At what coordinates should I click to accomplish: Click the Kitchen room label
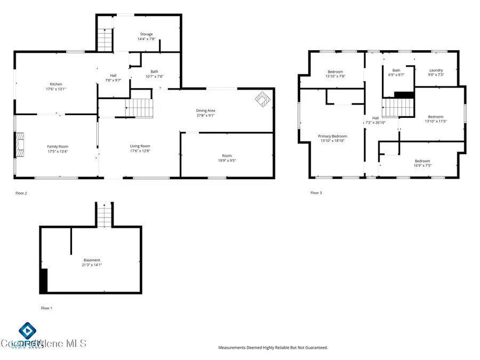coord(56,84)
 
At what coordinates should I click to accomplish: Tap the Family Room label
coord(58,147)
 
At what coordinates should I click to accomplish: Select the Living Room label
coord(140,146)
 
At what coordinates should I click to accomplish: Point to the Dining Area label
coord(205,110)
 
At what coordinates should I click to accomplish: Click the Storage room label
coord(146,34)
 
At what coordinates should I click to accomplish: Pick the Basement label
coord(92,260)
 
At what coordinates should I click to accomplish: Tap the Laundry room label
coord(436,70)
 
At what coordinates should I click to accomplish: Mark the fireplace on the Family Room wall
coord(20,144)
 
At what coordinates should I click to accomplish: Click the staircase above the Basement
coord(103,216)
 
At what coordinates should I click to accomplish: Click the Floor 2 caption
coord(21,193)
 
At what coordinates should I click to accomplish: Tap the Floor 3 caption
coord(316,193)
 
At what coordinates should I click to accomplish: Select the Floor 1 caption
coord(47,308)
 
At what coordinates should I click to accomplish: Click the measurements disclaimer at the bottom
coord(273,348)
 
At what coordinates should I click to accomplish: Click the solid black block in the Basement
coord(44,281)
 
